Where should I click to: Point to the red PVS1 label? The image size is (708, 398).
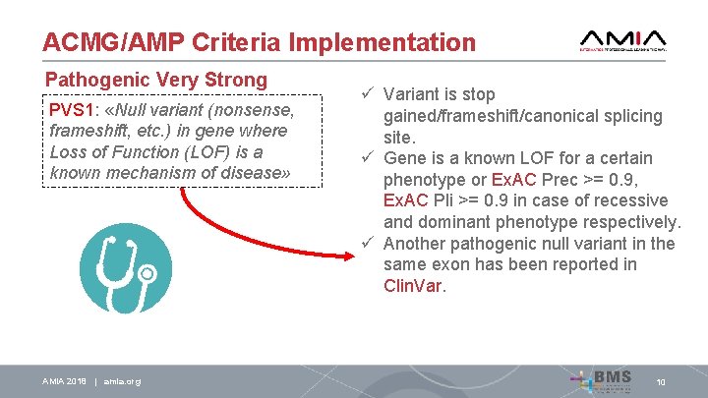(69, 109)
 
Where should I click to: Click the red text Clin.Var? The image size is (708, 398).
(414, 286)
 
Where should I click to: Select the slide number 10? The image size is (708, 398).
(661, 381)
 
